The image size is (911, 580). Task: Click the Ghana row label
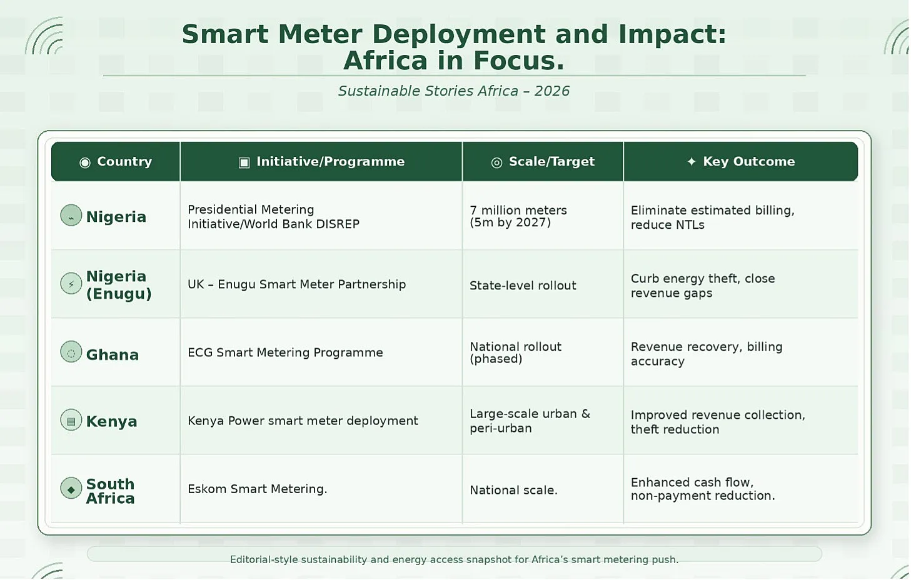(x=113, y=355)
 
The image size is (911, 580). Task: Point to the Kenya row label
(x=111, y=421)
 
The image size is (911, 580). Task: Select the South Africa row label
(x=110, y=491)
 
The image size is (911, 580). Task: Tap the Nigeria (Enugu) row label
(x=119, y=284)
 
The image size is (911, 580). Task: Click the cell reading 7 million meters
(x=518, y=216)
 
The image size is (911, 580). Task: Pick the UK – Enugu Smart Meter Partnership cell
(x=296, y=284)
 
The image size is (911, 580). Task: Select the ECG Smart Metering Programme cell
(x=285, y=352)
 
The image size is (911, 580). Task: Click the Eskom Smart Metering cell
(x=257, y=489)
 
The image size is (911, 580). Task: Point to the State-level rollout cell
(x=523, y=286)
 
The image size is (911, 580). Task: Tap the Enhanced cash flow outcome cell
(x=703, y=489)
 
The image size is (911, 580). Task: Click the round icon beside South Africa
(x=71, y=488)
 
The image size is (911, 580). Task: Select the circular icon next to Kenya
(x=71, y=420)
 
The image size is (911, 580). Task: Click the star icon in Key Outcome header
(x=692, y=162)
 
